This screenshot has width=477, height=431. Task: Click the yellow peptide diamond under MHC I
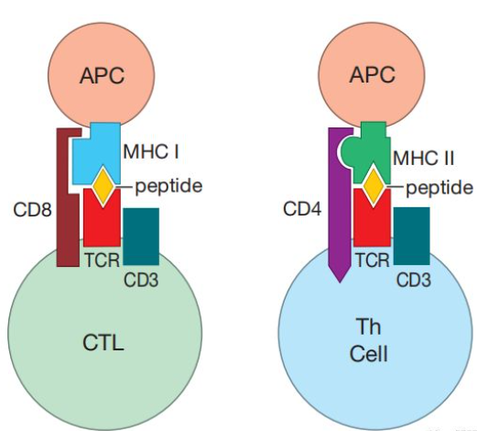103,186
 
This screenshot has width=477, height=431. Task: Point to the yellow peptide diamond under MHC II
374,186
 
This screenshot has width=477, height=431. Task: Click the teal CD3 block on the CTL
141,237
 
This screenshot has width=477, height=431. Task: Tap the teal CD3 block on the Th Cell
412,236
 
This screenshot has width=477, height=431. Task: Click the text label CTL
103,343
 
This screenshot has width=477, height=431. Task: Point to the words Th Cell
369,340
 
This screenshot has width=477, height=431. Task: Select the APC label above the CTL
102,75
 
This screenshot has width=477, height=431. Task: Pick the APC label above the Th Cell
372,74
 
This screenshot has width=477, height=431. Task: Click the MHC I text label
151,151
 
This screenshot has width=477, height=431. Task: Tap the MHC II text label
424,159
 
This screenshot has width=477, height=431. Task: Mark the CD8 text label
32,210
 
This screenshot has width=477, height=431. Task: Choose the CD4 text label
302,209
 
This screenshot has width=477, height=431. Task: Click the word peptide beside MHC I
168,186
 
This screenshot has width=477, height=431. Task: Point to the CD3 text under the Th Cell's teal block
414,280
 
